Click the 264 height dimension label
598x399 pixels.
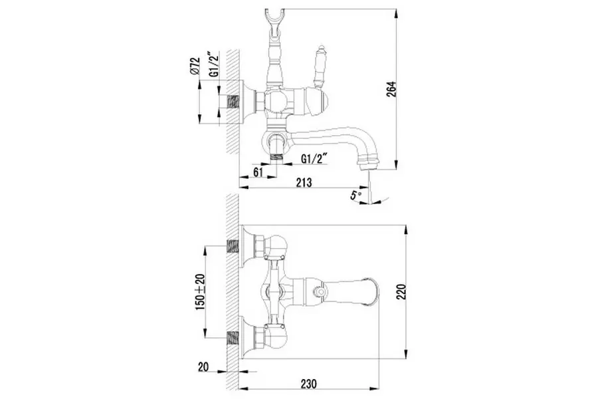pyautogui.click(x=392, y=89)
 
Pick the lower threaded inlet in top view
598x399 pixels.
pyautogui.click(x=233, y=338)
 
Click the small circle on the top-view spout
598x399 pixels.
pyautogui.click(x=320, y=291)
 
